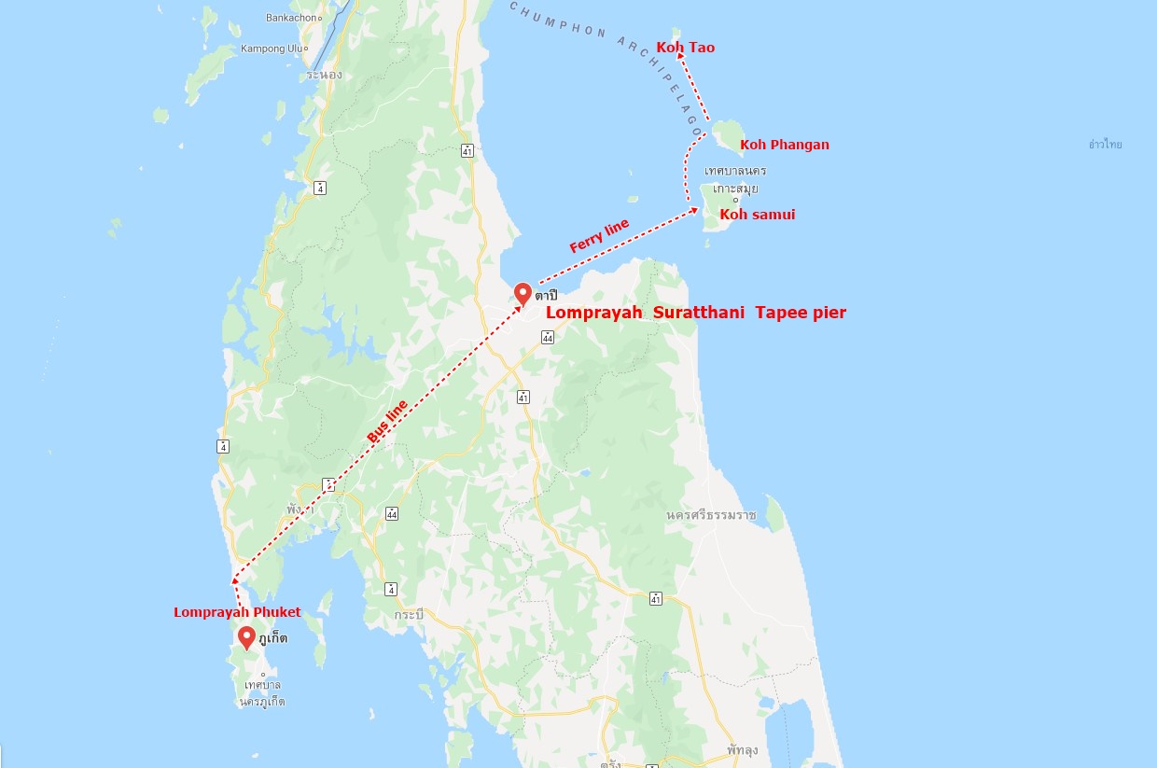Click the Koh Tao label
point(685,48)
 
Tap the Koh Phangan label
point(784,145)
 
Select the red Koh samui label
point(757,215)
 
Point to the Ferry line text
point(599,236)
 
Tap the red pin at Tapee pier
point(523,293)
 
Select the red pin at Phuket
point(246,637)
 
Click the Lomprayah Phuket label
point(237,612)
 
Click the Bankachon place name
point(291,18)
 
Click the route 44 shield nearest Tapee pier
point(548,337)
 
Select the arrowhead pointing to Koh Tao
point(681,57)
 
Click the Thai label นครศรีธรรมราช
point(711,515)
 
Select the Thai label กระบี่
point(409,615)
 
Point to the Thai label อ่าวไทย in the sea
point(1105,145)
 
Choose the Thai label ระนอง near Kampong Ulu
point(323,75)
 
